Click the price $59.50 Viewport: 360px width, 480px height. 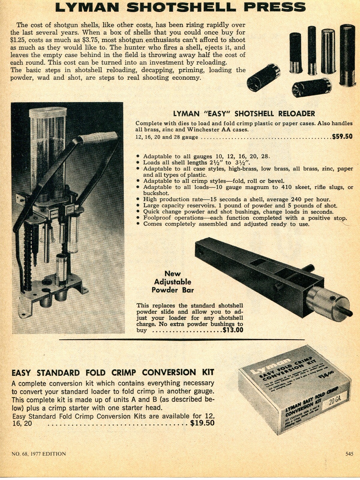[342, 137]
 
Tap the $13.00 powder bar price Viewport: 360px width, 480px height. [233, 330]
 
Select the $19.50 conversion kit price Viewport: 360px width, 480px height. [202, 423]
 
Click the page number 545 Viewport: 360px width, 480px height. [349, 454]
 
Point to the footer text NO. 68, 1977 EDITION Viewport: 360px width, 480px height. [38, 454]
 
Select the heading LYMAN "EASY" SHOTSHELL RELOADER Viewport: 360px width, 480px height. [244, 113]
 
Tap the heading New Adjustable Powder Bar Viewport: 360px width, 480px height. [172, 282]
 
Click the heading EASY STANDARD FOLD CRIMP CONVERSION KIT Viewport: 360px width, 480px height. [113, 373]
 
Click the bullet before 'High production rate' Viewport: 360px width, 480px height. [138, 199]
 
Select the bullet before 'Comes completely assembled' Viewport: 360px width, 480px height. [138, 224]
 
